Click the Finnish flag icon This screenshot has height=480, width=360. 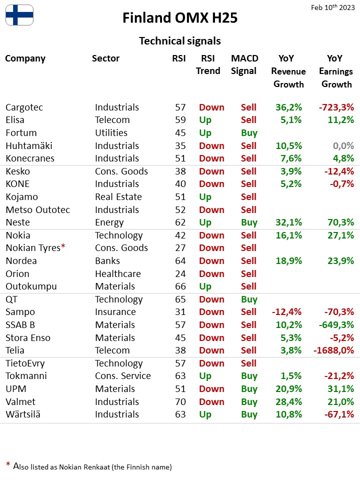click(19, 15)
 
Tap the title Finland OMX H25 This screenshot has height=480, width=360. click(180, 18)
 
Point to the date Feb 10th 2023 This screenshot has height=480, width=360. click(333, 7)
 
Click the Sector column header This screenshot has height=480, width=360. click(105, 58)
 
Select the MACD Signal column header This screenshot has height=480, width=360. click(244, 64)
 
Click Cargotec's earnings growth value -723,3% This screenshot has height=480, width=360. click(336, 107)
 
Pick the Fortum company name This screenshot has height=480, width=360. click(21, 133)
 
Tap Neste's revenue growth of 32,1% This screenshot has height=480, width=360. click(288, 222)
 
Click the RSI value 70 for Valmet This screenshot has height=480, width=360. click(180, 401)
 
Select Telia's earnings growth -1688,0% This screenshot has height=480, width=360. click(333, 350)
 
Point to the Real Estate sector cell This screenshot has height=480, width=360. click(118, 197)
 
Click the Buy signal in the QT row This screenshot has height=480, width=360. click(249, 299)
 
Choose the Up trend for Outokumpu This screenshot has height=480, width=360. click(205, 286)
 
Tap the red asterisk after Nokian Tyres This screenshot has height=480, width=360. click(63, 246)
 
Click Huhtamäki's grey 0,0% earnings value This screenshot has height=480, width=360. click(343, 145)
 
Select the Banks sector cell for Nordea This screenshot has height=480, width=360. click(107, 261)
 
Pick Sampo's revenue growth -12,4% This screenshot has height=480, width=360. click(287, 312)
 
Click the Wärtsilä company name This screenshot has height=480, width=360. click(23, 414)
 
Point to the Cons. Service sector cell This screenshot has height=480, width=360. click(123, 376)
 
